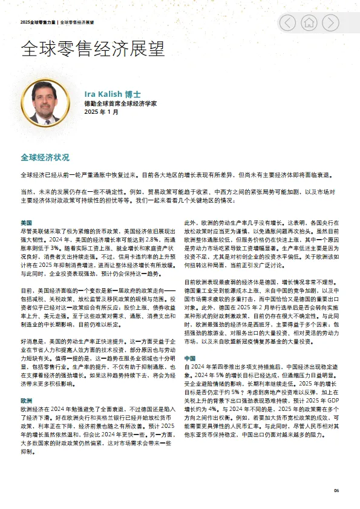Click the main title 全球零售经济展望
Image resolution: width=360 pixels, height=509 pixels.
pos(93,49)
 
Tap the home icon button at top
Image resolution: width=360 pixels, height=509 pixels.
pos(309,23)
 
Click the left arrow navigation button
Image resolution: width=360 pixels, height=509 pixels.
pos(289,23)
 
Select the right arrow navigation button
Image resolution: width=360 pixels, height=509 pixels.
pos(330,23)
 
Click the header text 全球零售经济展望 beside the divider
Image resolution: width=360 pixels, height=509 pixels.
pos(80,22)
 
